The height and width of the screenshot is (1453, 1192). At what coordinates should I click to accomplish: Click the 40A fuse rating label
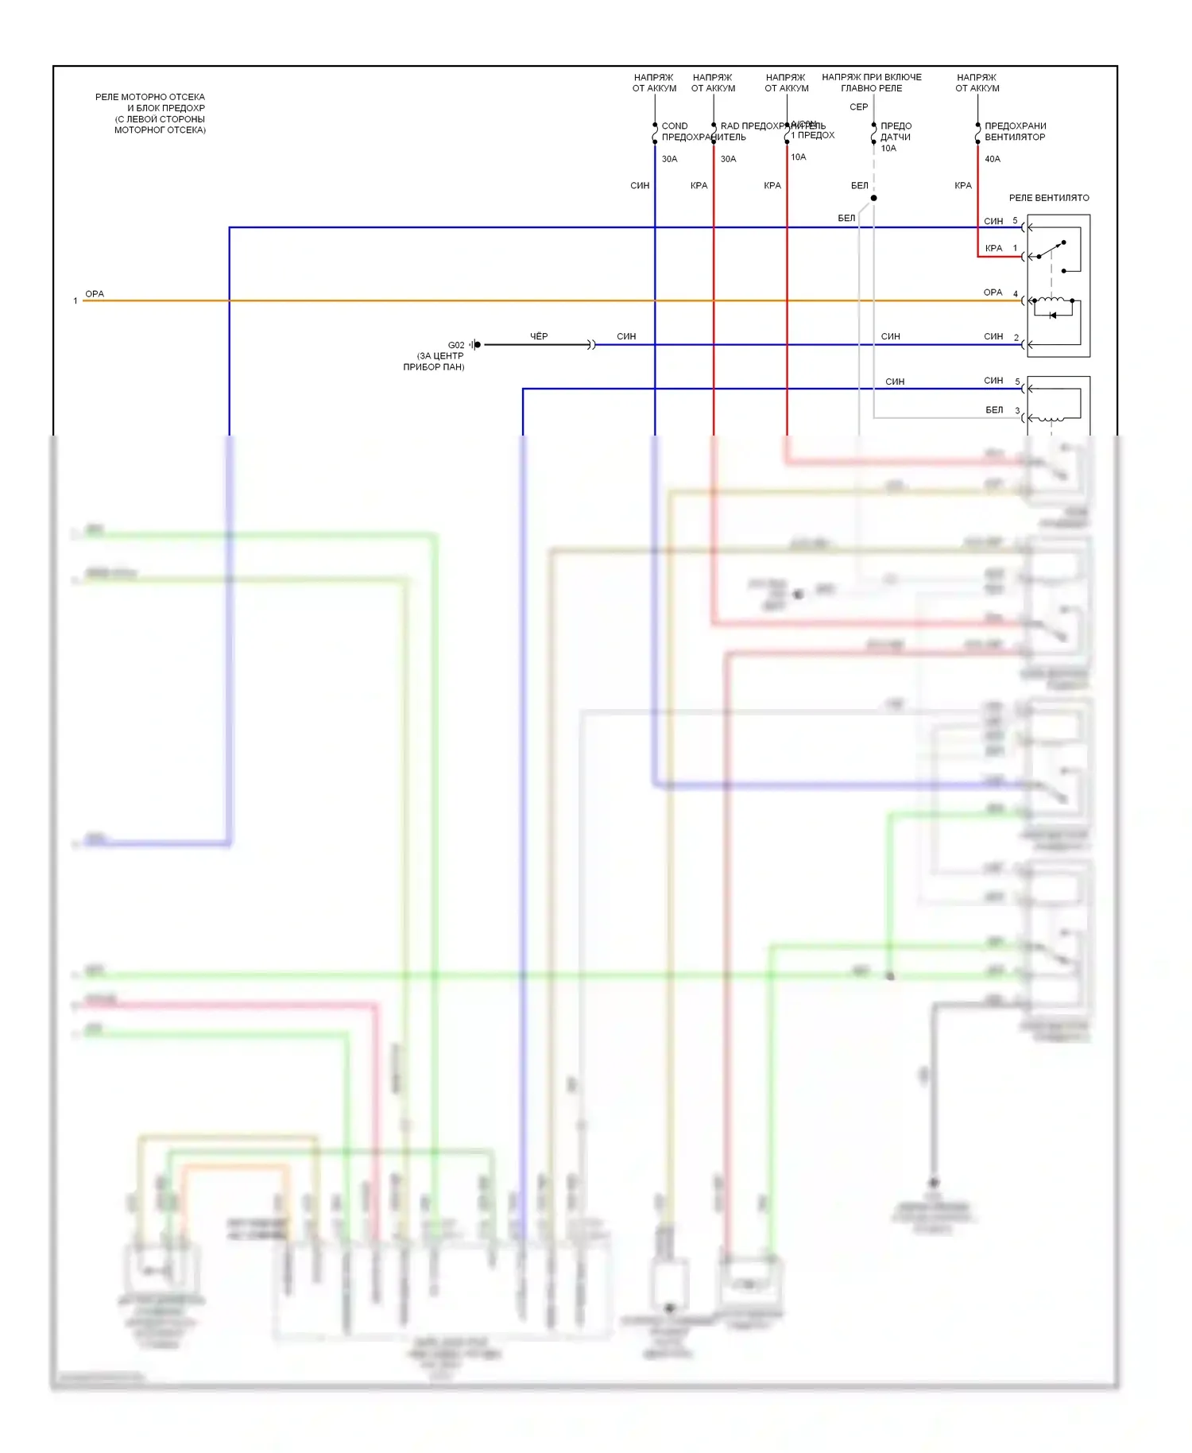click(x=993, y=159)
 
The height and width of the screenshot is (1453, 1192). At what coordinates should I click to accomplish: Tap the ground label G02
click(x=456, y=345)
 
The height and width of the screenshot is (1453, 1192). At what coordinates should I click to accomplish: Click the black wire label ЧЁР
click(x=539, y=336)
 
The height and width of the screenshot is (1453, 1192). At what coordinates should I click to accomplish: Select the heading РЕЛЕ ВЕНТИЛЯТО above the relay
click(x=1049, y=198)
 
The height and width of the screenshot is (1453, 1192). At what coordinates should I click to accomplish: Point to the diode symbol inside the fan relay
click(x=1053, y=316)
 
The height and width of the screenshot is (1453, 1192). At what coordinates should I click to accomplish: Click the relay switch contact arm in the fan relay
click(x=1051, y=250)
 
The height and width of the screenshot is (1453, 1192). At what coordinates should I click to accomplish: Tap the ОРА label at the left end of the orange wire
click(x=95, y=294)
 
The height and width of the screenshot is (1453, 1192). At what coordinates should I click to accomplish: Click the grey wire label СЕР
click(x=859, y=107)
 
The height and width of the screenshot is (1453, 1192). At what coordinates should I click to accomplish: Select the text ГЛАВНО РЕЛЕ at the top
click(x=872, y=88)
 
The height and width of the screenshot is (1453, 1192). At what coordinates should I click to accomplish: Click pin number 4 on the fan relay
click(x=1016, y=294)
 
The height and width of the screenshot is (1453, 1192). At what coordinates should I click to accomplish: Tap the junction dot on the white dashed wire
click(x=873, y=198)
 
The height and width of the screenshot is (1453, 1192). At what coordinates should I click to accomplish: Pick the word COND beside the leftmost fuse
click(x=675, y=126)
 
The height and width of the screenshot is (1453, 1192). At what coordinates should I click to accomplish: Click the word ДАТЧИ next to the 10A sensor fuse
click(x=896, y=137)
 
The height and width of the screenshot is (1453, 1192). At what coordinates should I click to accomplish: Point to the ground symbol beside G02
click(x=474, y=345)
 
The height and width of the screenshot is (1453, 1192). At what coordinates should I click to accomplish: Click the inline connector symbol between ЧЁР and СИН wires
click(x=591, y=345)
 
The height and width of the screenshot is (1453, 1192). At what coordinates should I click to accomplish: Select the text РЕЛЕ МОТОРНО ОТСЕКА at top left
click(x=150, y=97)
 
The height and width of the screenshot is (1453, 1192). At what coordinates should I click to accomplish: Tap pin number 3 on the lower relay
click(x=1017, y=411)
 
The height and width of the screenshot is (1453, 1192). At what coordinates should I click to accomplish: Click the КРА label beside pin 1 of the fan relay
click(x=993, y=249)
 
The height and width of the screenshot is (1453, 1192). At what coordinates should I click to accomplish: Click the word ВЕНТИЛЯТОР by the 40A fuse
click(x=1015, y=137)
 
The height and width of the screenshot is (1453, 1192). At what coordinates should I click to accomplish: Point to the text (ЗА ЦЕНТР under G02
click(x=440, y=356)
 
